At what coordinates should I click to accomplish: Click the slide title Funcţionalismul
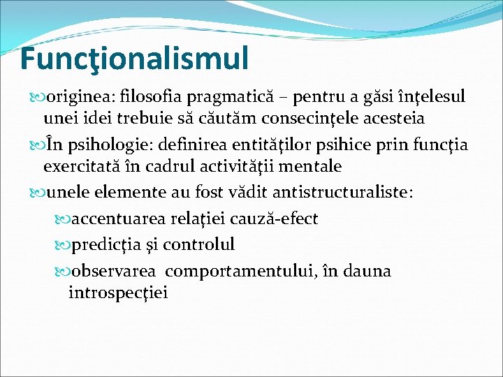coord(134,59)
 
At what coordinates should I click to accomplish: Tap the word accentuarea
coord(119,219)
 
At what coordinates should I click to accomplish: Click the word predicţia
coord(106,245)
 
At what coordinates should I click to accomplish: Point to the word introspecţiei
coord(118,292)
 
